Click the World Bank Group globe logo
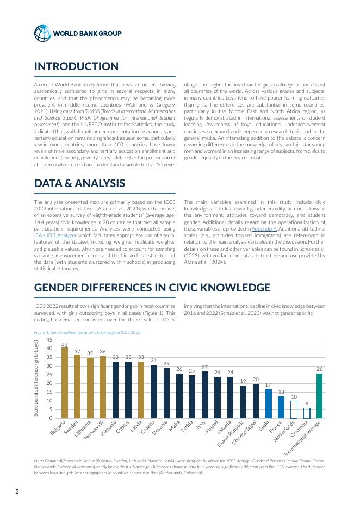pos(42,33)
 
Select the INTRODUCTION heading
pos(76,67)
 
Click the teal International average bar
pos(320,396)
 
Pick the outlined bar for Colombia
pos(307,413)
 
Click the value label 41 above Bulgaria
pos(65,345)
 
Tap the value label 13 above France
pos(281,392)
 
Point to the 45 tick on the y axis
pos(49,340)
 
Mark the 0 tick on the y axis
pos(51,418)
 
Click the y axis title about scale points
pos(37,380)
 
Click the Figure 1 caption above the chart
pos(87,332)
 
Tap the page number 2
pos(17,493)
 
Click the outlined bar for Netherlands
pos(294,409)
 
